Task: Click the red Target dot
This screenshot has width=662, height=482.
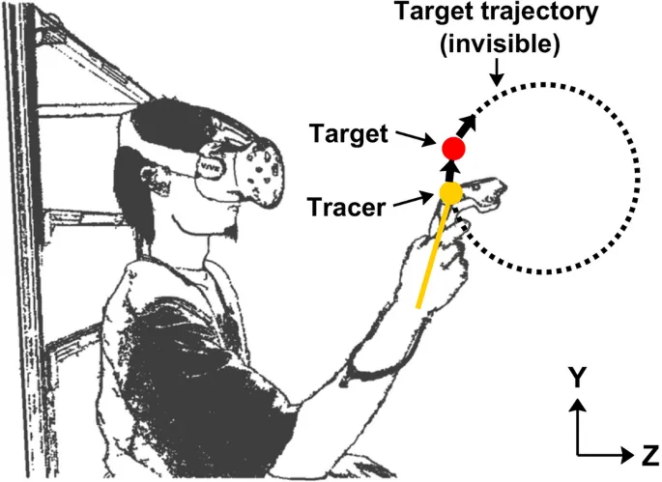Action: coord(453,149)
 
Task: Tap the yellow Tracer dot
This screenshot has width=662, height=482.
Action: coord(451,192)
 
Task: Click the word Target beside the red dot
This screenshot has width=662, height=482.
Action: coord(349,134)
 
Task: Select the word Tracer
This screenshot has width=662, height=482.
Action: coord(346,208)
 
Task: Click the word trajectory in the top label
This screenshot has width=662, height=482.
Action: coord(540,14)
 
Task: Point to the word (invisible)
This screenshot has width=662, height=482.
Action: coord(500,43)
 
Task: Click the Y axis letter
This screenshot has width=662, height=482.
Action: coord(577,377)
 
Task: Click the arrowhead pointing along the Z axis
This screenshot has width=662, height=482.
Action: coord(627,455)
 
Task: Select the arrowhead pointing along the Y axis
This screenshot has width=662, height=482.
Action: coord(578,406)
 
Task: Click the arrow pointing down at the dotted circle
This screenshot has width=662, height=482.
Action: coord(498,71)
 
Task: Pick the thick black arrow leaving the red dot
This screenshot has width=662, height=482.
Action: coord(467,125)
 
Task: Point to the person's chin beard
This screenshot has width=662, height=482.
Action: coord(231,233)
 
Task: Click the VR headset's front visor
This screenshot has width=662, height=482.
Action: coord(258,170)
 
